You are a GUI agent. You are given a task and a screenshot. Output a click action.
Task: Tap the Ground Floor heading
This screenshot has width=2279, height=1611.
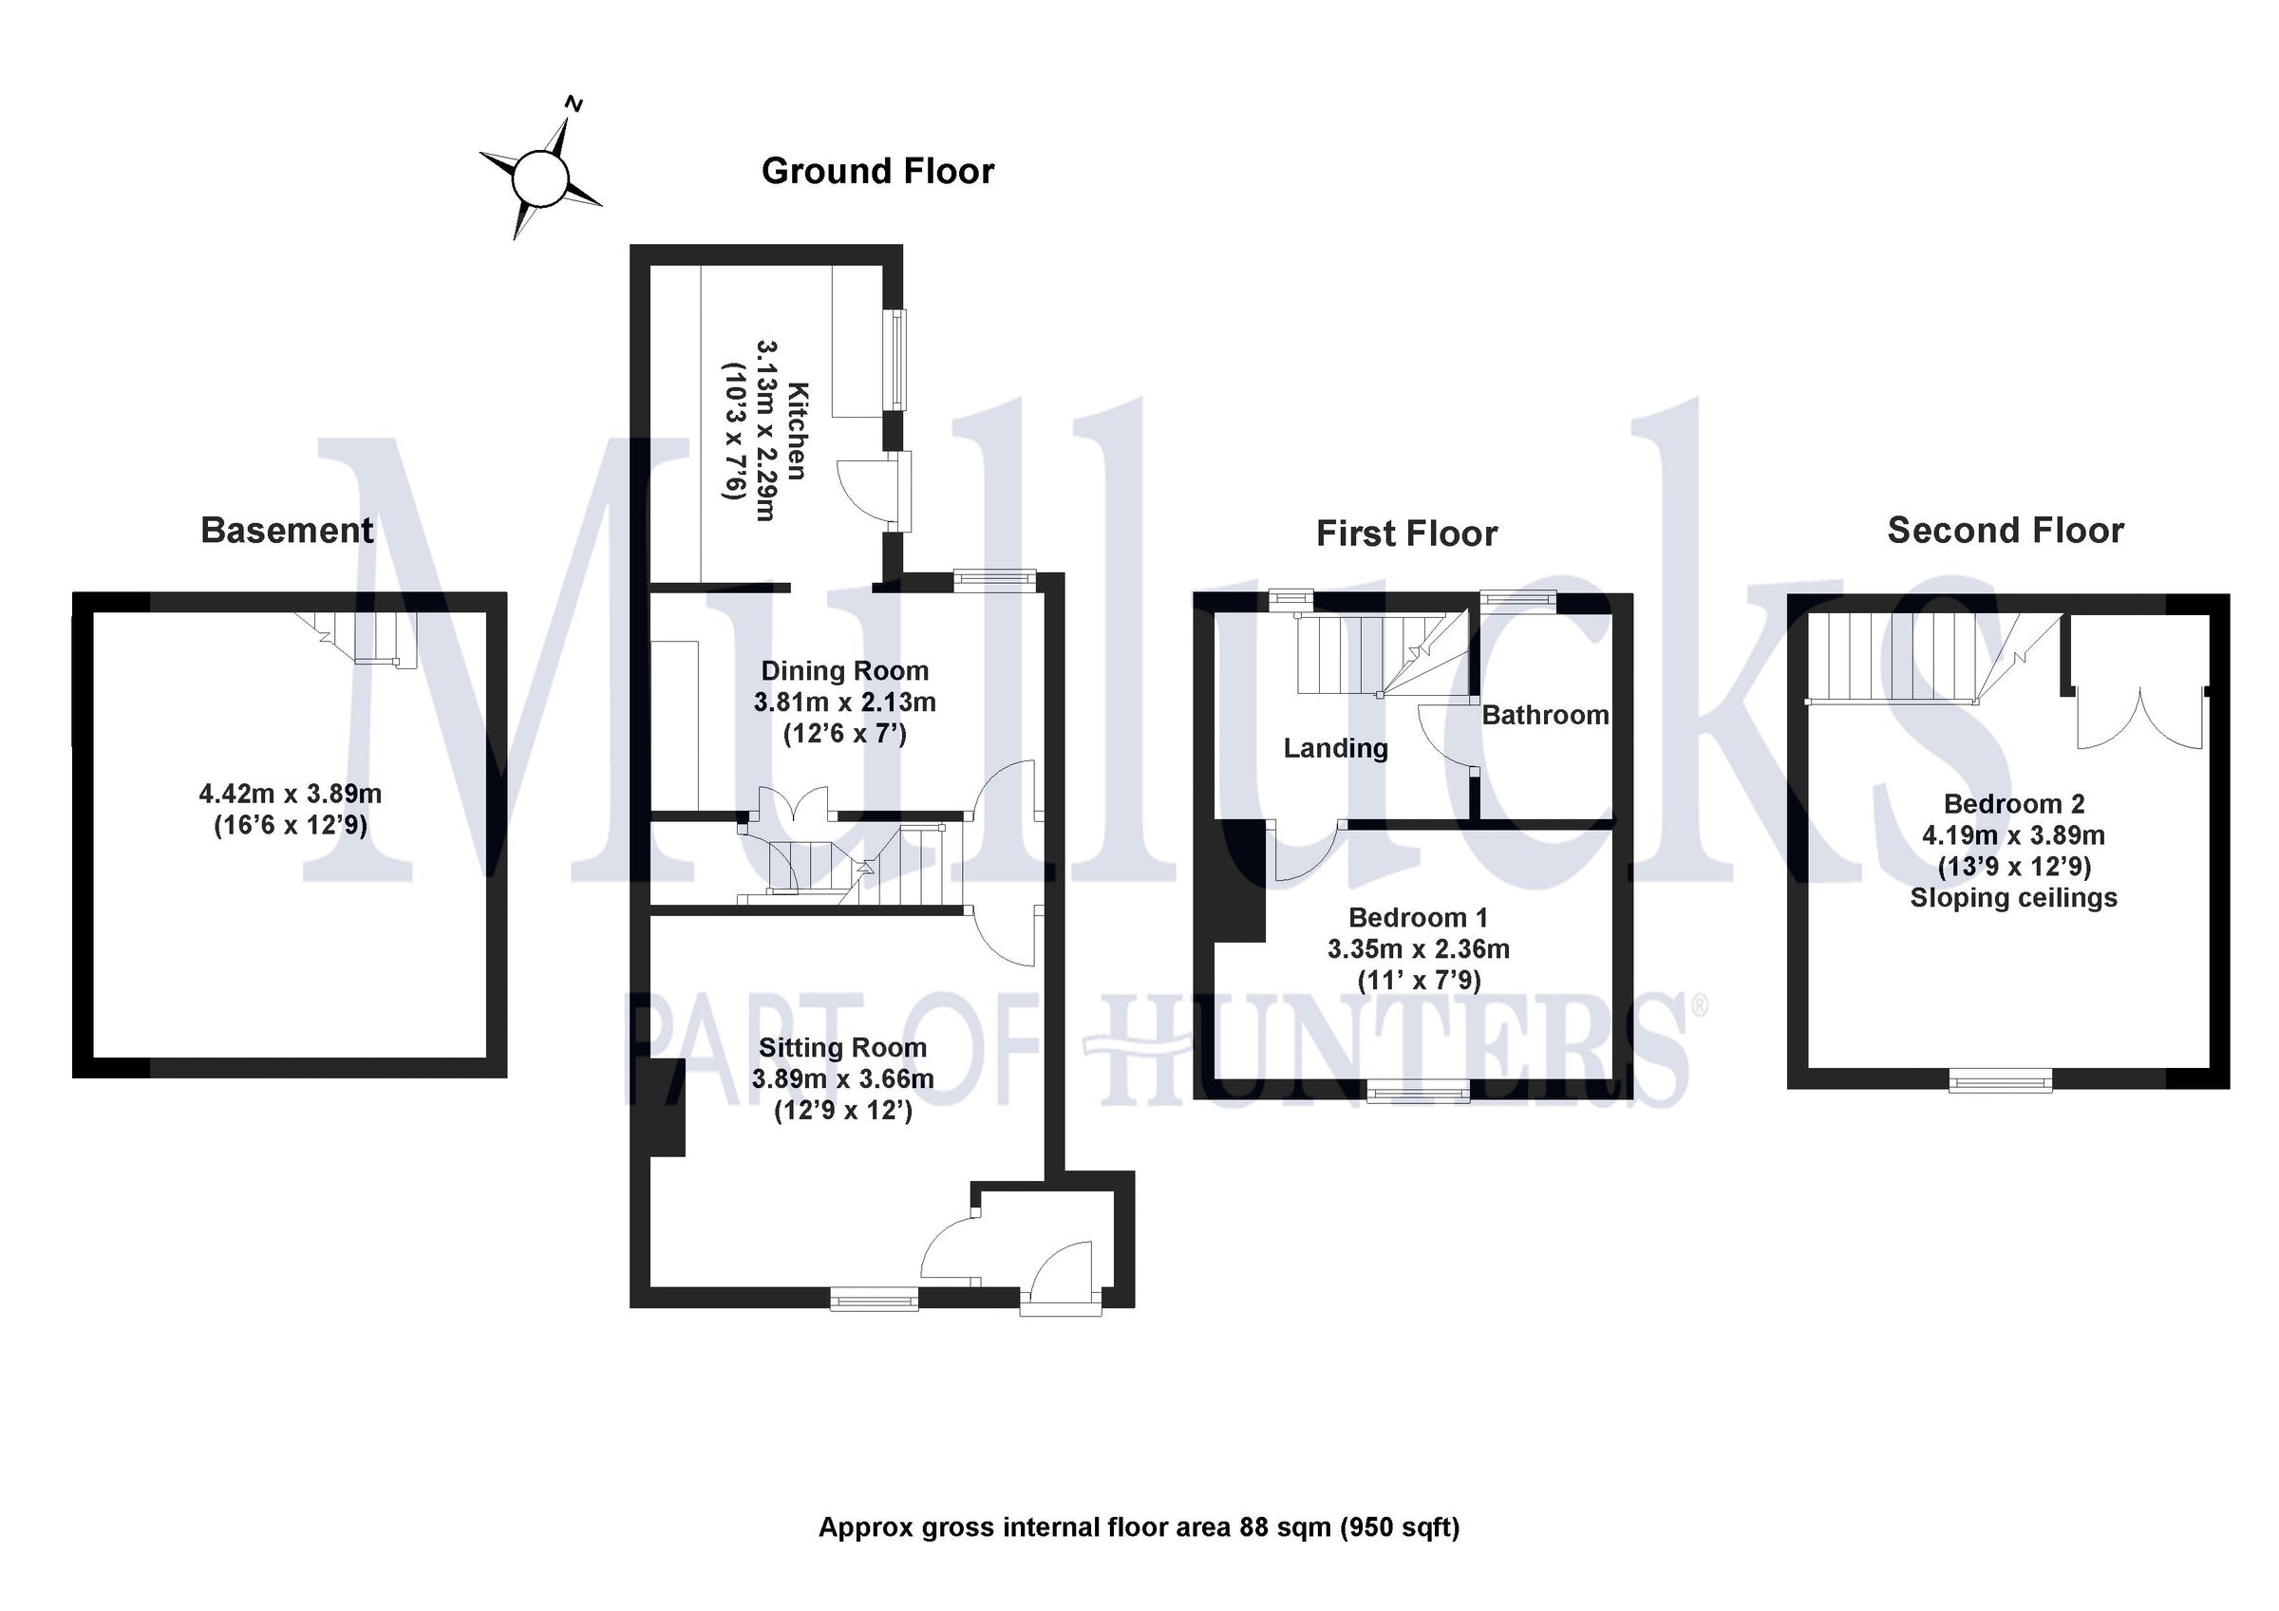click(x=877, y=172)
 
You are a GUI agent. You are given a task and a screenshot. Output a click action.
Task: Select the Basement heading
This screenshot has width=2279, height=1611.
click(x=287, y=530)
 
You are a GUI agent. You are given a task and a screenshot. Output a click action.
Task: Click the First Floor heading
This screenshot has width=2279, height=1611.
click(x=1406, y=534)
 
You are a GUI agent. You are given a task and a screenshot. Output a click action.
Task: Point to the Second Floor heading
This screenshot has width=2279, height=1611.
click(x=2005, y=530)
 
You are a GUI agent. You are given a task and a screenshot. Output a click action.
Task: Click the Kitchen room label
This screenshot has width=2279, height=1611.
click(x=798, y=431)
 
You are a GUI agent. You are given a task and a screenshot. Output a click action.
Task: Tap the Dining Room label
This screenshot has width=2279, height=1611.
click(x=845, y=671)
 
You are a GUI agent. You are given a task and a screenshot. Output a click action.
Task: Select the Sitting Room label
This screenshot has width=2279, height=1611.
click(x=842, y=1047)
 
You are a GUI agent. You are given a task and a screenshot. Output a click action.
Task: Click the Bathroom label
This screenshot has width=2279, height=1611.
click(x=1546, y=715)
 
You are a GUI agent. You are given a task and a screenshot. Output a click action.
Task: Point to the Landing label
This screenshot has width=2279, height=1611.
click(x=1335, y=748)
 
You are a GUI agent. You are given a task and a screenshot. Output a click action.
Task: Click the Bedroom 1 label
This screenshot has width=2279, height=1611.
click(x=1418, y=917)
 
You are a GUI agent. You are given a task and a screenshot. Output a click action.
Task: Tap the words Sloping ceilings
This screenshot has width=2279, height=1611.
click(x=2014, y=898)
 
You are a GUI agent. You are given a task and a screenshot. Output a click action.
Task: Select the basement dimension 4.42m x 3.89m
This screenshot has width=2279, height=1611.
click(x=291, y=794)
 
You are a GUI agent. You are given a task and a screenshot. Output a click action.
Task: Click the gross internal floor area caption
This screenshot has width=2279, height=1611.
click(x=1139, y=1527)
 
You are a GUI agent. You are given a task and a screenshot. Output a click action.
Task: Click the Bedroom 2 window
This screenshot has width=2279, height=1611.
click(x=2000, y=1080)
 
